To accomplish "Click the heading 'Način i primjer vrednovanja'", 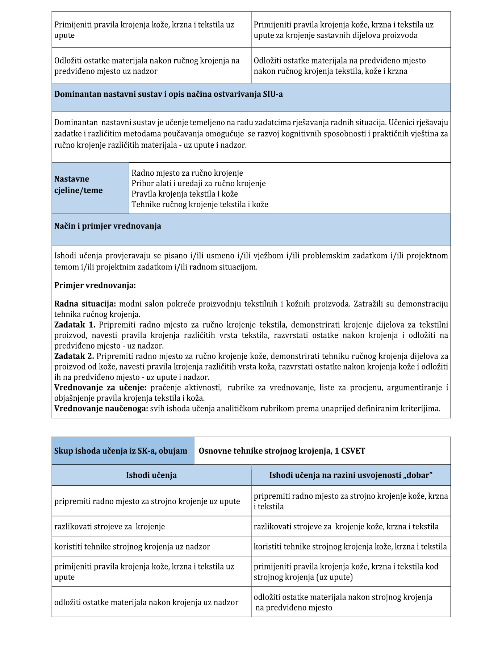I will [108, 226].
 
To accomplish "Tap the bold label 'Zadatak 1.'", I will [75, 325].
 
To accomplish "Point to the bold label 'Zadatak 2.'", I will [74, 356].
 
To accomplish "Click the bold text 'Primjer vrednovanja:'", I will [95, 285].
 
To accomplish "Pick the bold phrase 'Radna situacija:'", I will [85, 304].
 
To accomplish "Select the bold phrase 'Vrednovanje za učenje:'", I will [100, 388].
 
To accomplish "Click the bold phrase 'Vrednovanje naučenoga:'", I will [101, 409].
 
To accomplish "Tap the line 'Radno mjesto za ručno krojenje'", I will [187, 173].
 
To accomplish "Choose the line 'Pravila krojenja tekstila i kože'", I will [185, 194].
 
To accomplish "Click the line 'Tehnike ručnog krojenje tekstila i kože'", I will [200, 205].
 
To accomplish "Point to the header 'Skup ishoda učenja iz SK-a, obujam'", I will [121, 451].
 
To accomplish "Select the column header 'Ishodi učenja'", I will [151, 475].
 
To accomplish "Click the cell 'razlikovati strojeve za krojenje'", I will [109, 527].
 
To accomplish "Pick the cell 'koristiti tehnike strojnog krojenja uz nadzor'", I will [132, 547].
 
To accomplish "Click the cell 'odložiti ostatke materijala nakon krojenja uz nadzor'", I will [146, 602].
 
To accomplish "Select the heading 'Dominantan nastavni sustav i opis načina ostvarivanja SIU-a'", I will [168, 95].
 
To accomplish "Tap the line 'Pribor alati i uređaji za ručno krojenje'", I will [198, 184].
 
